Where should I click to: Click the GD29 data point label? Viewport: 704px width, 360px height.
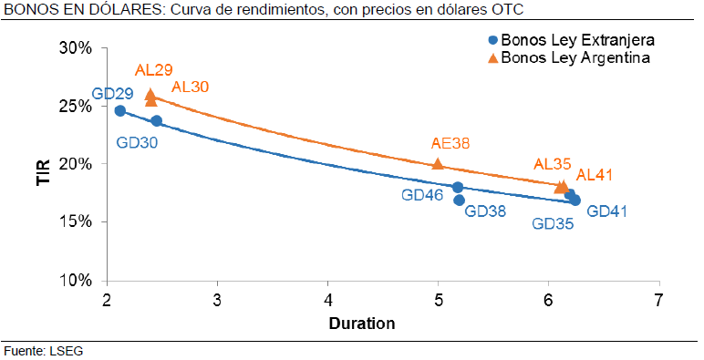pos(113,94)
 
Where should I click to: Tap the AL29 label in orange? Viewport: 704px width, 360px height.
pos(154,70)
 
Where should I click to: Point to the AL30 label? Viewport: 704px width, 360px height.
pos(191,87)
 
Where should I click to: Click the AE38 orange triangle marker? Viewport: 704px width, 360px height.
pos(438,164)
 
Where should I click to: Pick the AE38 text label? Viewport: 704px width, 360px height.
pos(450,143)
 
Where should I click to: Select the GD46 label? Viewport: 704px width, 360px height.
pos(422,194)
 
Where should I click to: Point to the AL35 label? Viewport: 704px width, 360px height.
pos(553,164)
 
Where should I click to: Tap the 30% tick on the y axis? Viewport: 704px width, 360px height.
pos(75,48)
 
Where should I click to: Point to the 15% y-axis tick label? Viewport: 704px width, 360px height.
pos(75,222)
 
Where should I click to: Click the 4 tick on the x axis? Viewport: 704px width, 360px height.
pos(328,300)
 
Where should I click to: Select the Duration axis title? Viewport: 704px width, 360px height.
pos(362,323)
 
